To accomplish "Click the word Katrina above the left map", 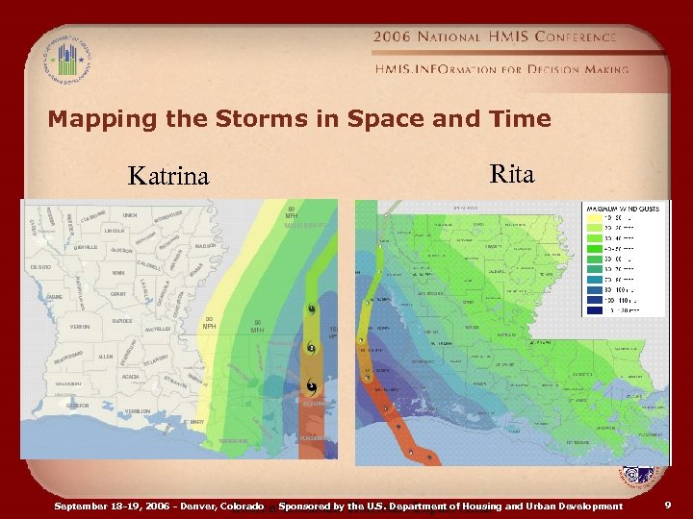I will point(168,176).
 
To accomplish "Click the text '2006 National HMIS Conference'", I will point(495,37).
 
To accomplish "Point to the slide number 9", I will point(668,504).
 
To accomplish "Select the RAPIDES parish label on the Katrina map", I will point(121,321).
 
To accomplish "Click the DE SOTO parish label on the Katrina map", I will point(40,265).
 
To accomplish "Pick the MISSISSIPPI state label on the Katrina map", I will point(308,226).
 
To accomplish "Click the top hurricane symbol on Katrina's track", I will point(312,309).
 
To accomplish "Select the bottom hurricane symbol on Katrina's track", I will point(312,386).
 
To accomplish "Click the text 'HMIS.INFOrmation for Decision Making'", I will point(501,69).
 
